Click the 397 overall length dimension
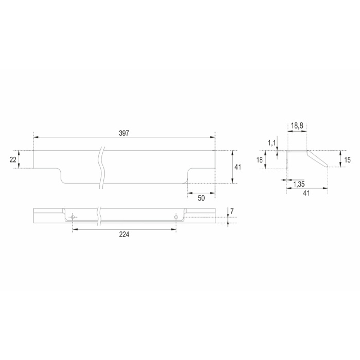(124, 133)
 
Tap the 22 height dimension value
(13, 159)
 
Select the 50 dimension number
(201, 198)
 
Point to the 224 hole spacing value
(124, 235)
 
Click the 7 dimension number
(232, 211)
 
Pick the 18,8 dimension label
(297, 126)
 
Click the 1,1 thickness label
(272, 143)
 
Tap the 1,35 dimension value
(299, 184)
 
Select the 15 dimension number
(347, 160)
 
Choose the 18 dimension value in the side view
(259, 160)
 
